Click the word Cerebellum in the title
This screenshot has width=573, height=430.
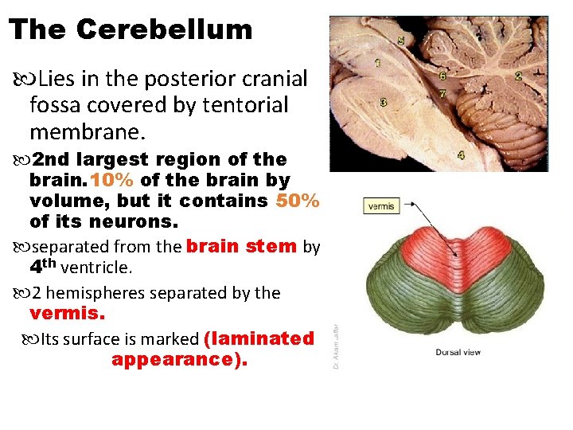165,29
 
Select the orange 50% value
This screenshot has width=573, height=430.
298,201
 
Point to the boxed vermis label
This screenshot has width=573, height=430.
381,206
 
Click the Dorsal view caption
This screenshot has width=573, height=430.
458,352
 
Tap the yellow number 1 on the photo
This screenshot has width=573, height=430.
376,62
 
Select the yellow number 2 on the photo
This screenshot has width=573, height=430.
519,76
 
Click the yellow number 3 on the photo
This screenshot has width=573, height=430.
384,103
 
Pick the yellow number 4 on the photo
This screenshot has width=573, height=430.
462,154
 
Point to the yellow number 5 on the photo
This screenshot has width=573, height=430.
400,40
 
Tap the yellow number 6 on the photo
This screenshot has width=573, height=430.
442,76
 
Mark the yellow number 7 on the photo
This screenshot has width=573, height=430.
442,93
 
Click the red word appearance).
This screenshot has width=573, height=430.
180,360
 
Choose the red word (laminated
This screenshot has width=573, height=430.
259,339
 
